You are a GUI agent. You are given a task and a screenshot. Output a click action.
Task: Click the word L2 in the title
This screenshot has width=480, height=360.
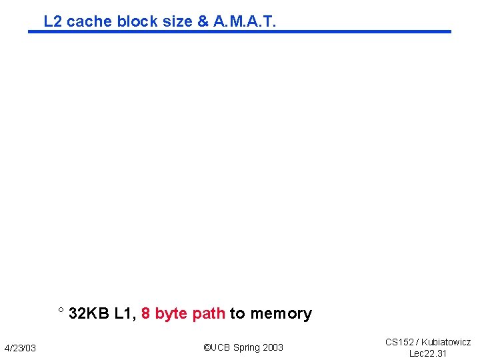tap(53, 21)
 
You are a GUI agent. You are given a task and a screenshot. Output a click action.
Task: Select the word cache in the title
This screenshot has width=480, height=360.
tap(90, 21)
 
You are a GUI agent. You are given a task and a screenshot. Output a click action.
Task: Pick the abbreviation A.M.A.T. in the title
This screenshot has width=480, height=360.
tap(245, 21)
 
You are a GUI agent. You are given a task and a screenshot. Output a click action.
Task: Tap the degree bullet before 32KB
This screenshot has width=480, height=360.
tap(61, 311)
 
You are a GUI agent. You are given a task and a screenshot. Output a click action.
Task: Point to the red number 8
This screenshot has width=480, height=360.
tap(145, 313)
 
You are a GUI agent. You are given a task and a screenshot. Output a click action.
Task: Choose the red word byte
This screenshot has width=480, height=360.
tap(171, 314)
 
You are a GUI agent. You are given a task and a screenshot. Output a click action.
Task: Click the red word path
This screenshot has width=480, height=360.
tap(208, 313)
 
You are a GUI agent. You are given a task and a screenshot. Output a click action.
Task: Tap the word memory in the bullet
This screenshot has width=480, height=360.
tap(281, 314)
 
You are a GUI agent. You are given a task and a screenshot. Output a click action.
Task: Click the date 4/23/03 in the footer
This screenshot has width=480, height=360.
tap(21, 348)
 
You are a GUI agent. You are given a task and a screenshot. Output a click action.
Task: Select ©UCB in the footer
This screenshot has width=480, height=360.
tap(217, 347)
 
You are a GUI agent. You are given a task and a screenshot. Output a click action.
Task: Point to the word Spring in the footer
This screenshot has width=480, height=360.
tap(247, 347)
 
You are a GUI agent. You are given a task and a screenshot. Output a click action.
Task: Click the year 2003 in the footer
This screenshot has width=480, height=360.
tap(273, 347)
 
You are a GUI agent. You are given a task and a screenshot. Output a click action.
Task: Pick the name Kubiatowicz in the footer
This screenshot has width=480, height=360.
tap(446, 342)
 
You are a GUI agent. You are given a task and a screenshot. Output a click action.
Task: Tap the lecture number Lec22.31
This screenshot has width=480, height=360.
tap(428, 353)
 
